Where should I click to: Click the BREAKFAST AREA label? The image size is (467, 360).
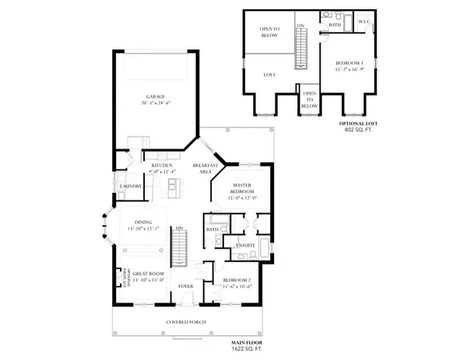tap(204, 169)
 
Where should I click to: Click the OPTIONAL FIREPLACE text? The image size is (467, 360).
tap(121, 276)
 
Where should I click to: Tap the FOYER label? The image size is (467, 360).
tap(185, 285)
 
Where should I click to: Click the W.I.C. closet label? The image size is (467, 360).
tap(363, 23)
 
